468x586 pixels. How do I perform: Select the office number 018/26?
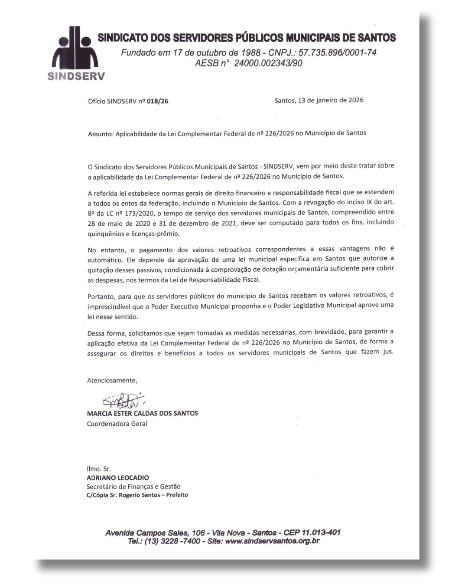coord(158,102)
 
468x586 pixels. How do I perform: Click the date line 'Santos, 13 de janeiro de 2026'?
coord(319,100)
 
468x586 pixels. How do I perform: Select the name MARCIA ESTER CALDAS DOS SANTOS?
coord(143,413)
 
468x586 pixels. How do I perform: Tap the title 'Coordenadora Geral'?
coord(117,424)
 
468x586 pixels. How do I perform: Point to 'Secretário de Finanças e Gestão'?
coord(133,487)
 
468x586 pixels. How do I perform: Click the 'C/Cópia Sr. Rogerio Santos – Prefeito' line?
coord(137,495)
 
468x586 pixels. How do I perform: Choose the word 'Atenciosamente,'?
coord(112,380)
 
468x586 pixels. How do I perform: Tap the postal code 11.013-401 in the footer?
coord(315,533)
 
